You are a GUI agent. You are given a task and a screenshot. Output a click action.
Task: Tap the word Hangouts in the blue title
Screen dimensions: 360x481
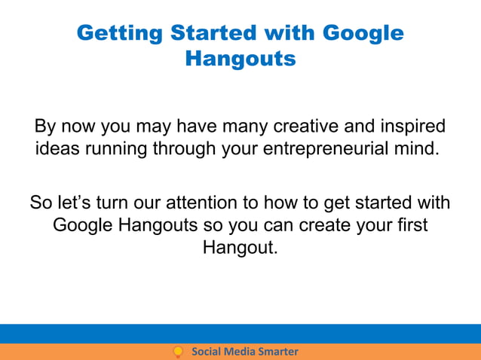pos(240,58)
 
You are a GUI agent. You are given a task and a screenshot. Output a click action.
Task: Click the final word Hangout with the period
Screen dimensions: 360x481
pos(240,247)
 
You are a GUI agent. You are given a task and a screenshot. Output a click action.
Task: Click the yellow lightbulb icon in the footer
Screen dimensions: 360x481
pos(179,352)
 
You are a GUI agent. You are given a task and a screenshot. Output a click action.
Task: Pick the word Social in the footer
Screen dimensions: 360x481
pos(206,352)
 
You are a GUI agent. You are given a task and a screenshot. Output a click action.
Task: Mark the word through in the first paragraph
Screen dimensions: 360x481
pos(183,148)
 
